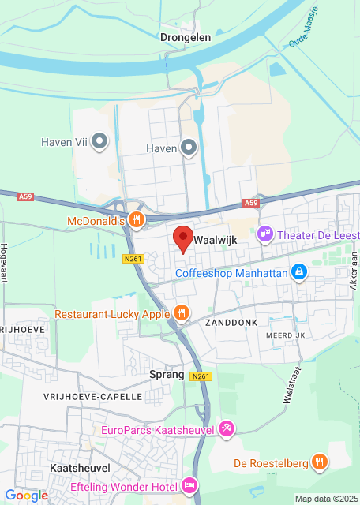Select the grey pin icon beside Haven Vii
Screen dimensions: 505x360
click(100, 142)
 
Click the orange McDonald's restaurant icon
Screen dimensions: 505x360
click(137, 221)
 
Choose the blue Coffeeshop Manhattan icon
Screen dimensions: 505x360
click(299, 273)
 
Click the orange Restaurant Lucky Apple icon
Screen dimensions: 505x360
click(182, 313)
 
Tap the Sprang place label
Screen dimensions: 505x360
click(167, 375)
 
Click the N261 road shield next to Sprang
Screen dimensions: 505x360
click(201, 376)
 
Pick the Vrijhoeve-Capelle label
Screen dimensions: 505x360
click(92, 396)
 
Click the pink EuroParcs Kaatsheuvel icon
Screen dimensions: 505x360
click(227, 429)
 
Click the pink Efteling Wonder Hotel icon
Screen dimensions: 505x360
click(189, 485)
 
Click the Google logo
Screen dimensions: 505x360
click(26, 495)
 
